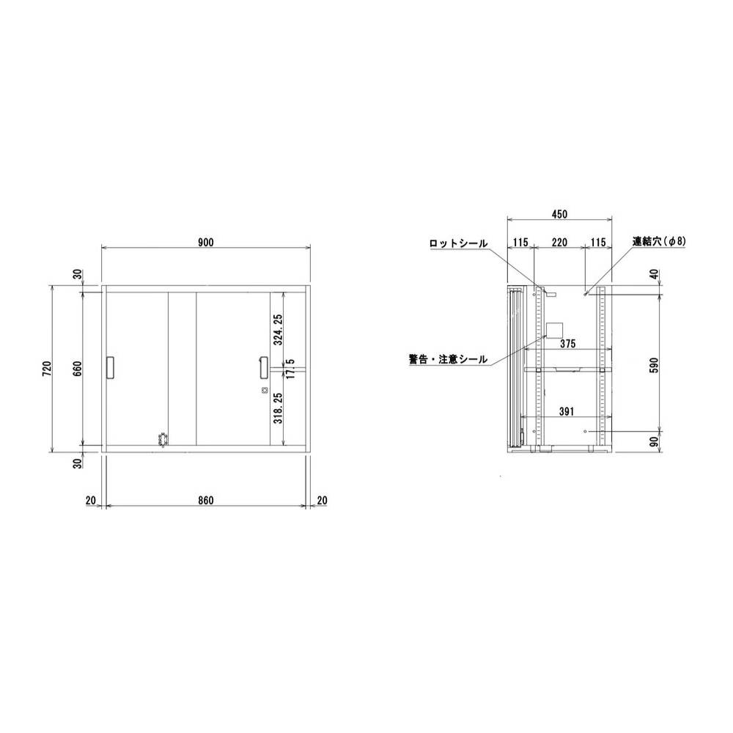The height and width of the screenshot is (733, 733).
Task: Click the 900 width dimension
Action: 205,243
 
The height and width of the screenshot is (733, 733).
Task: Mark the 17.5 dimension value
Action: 291,369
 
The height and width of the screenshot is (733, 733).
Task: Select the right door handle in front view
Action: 262,368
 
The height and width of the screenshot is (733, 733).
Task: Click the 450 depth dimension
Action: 559,214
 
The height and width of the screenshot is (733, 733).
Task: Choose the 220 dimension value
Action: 559,241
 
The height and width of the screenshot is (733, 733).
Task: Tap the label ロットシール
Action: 457,242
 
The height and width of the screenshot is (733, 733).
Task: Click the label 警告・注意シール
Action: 447,359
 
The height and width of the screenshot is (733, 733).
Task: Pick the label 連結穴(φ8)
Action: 658,240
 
